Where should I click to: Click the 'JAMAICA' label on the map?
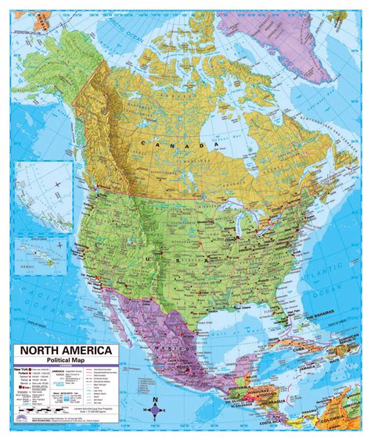290,356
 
